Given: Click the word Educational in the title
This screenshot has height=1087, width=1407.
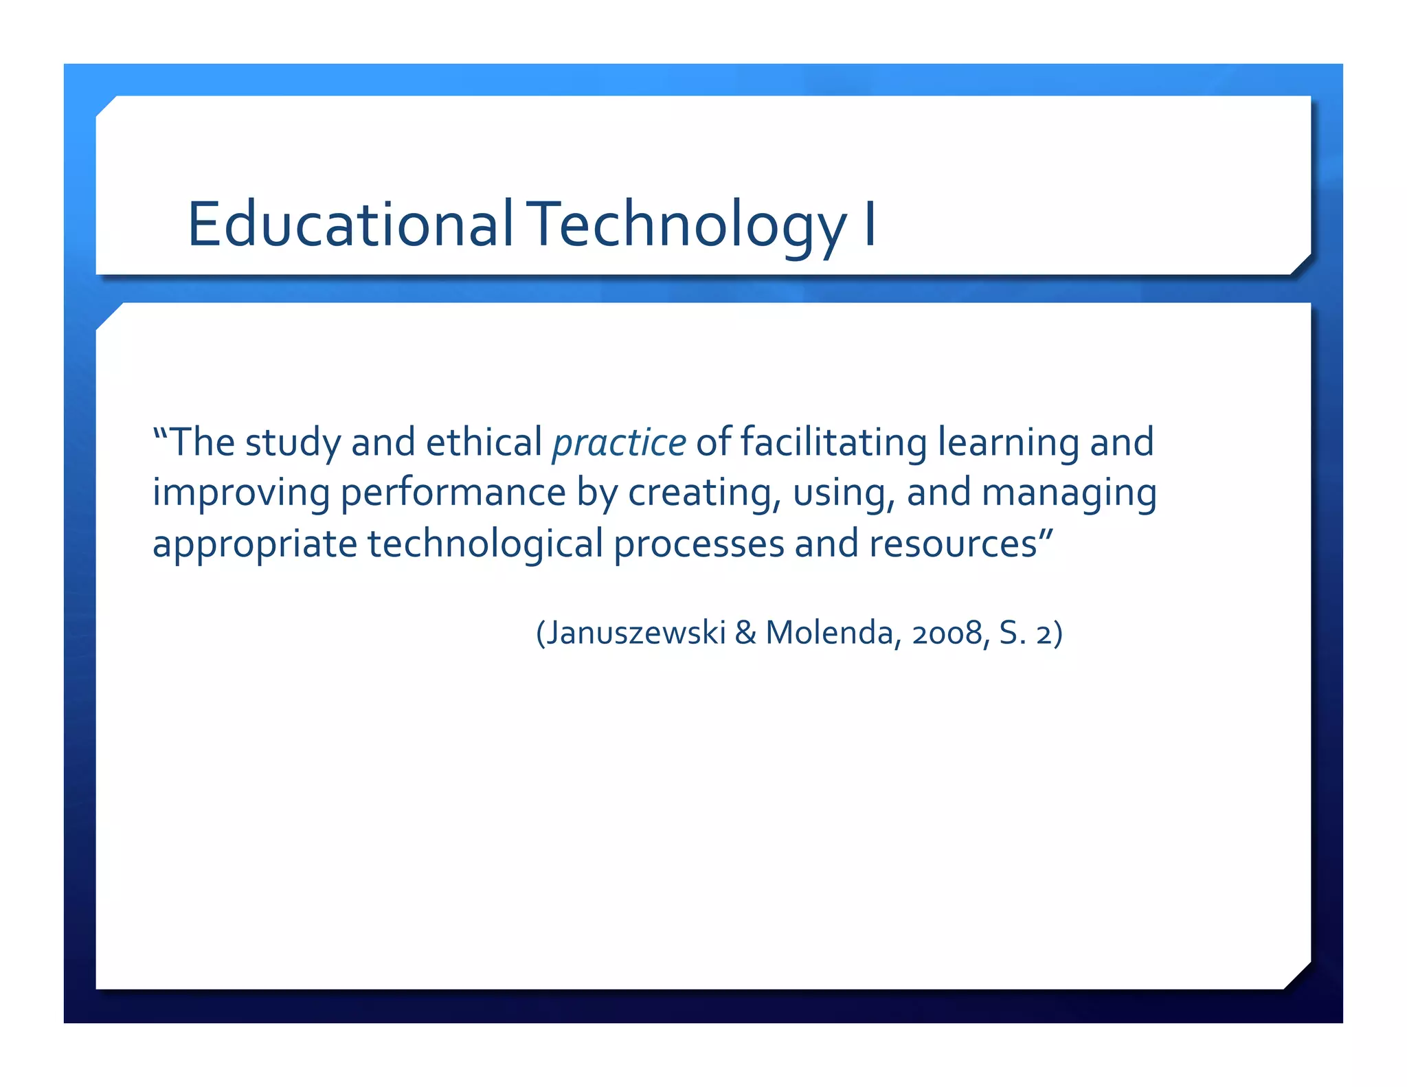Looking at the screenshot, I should point(350,224).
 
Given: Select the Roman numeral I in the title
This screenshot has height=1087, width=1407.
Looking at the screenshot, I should point(869,224).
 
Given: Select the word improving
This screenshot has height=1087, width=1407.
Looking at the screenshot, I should point(241,493).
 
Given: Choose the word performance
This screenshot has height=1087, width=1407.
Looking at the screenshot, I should point(453,493).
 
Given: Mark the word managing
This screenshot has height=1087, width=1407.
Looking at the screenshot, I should point(1069,493).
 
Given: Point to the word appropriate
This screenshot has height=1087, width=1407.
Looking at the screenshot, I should point(255,544).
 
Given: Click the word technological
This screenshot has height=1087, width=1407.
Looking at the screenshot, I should point(485,544).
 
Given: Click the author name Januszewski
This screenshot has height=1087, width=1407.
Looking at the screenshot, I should point(636,633).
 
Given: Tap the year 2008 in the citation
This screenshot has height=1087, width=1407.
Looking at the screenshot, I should point(947,633).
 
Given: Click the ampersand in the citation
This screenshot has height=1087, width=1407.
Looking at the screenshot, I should point(745,633).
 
